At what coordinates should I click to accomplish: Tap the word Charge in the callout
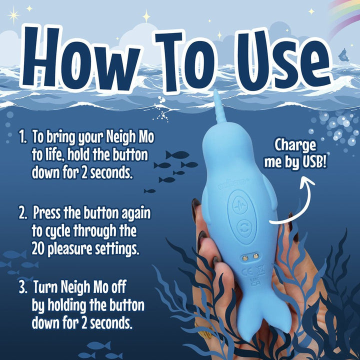point(295,146)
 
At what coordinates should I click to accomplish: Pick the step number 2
point(23,214)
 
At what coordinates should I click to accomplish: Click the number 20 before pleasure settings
point(39,248)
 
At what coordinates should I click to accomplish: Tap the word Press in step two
point(48,214)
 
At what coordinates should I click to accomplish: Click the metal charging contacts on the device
point(249,255)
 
